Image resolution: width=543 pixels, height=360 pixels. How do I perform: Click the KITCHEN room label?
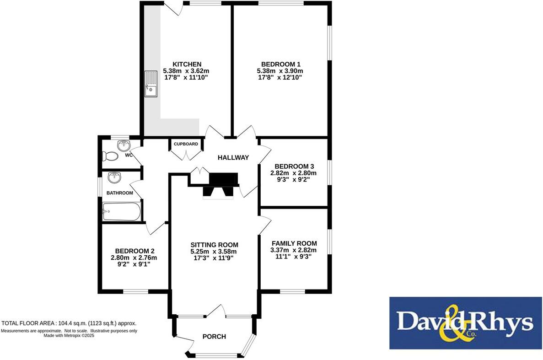click(187, 64)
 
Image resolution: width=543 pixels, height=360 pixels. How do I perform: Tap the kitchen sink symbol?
click(151, 84)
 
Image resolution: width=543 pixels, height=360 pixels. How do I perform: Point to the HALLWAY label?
click(233, 158)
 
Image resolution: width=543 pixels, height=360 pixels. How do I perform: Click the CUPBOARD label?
click(186, 144)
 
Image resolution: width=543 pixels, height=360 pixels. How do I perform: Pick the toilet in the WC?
click(110, 156)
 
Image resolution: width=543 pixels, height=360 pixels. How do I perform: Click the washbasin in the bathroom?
click(114, 177)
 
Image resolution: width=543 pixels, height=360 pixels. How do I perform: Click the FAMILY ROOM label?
click(294, 243)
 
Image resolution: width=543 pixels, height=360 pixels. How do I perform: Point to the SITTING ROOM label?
click(214, 245)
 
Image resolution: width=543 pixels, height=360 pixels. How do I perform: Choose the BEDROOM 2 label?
click(134, 251)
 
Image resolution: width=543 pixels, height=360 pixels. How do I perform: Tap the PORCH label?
click(214, 337)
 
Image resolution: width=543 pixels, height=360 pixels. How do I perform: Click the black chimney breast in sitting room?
click(223, 179)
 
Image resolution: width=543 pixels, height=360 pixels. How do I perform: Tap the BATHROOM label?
click(120, 193)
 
